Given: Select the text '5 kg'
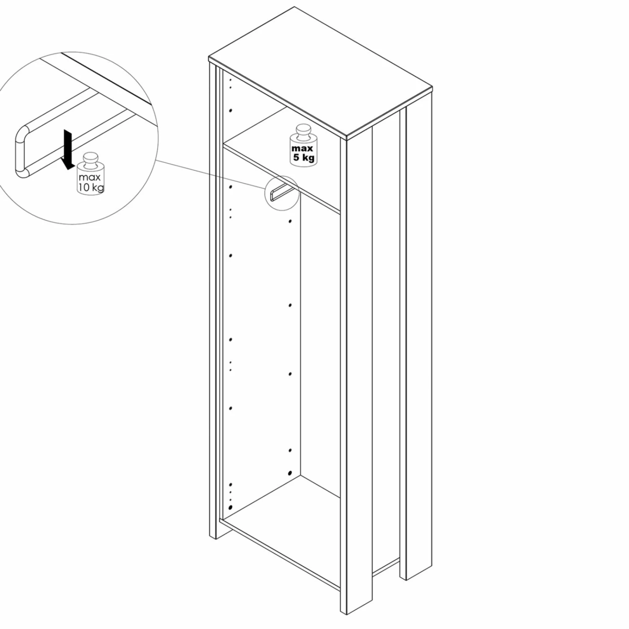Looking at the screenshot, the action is (x=304, y=158).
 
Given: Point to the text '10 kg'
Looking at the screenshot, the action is (x=91, y=187).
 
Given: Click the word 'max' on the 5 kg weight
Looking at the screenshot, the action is (x=303, y=148).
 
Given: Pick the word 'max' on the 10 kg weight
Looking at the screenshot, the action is (x=90, y=177).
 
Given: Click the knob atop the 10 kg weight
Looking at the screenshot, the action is (x=90, y=159).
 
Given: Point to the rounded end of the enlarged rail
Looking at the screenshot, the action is (x=20, y=149).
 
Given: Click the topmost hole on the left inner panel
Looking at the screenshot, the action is (x=230, y=80).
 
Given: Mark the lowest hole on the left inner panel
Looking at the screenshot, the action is (x=231, y=507).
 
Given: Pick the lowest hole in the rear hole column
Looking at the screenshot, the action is (x=290, y=473).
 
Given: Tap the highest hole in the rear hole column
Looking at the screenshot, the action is (x=290, y=221).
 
